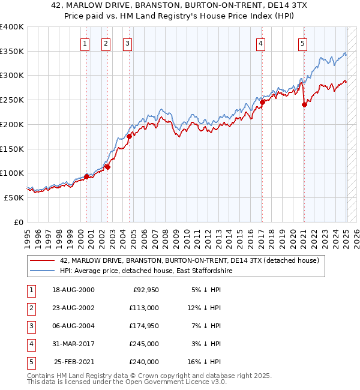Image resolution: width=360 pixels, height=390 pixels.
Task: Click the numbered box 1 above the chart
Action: pos(85,43)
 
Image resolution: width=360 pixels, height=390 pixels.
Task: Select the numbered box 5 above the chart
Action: pos(302,43)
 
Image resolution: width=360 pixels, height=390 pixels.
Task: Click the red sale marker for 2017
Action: pos(262,102)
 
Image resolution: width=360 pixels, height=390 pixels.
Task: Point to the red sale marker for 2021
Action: pos(304,104)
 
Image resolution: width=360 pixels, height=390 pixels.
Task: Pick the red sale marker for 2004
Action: pos(129,136)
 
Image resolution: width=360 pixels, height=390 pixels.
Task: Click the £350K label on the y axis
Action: pos(12,52)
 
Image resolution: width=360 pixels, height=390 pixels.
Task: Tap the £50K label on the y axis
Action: pos(14,197)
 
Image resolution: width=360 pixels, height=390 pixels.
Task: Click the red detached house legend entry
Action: pos(193,260)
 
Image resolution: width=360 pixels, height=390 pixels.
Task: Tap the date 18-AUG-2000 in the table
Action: pos(73,290)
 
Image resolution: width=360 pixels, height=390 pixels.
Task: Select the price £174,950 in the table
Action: pos(144,326)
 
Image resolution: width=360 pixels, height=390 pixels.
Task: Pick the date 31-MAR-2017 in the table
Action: pos(73,344)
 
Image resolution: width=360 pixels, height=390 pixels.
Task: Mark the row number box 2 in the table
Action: pos(31,308)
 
